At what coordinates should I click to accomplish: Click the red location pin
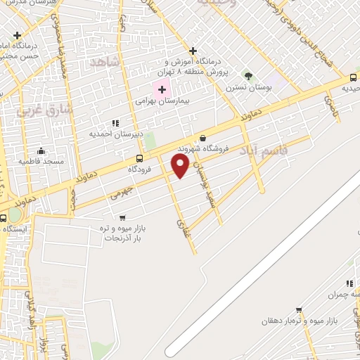[x=181, y=165]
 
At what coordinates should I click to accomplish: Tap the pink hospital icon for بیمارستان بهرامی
[x=162, y=89]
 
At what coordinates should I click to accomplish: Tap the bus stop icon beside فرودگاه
[x=139, y=158]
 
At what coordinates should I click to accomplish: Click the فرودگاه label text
[x=141, y=169]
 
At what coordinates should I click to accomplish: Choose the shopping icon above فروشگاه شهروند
[x=203, y=138]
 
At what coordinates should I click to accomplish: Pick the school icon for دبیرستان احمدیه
[x=116, y=122]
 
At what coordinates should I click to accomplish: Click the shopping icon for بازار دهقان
[x=299, y=309]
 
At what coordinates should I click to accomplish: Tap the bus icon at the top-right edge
[x=352, y=77]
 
